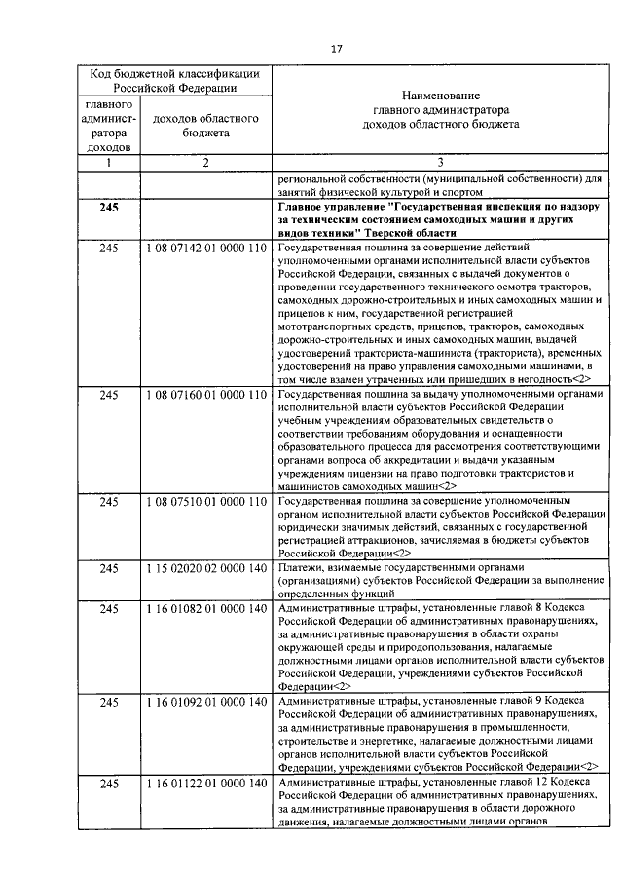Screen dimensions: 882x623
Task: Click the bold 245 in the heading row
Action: [109, 208]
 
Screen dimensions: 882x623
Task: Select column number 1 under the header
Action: [109, 163]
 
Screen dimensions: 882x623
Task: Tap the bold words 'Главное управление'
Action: [330, 208]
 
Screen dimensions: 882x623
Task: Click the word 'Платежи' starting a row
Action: [299, 567]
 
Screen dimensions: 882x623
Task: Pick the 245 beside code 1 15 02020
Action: [109, 567]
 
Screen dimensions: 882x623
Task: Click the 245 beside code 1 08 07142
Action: [109, 249]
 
